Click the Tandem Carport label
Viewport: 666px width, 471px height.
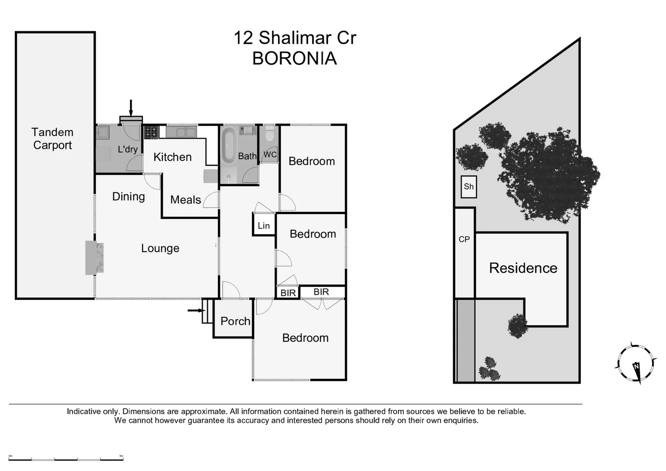click(52, 139)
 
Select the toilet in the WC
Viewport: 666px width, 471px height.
click(270, 134)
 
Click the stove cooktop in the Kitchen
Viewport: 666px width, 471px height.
click(151, 132)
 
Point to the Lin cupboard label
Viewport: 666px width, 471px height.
click(263, 225)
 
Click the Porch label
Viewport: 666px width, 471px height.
click(235, 321)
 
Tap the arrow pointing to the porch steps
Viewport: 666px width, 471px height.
click(196, 311)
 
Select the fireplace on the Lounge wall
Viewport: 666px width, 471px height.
click(95, 258)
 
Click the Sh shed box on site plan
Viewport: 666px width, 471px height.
click(468, 187)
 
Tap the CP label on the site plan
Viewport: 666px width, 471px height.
click(464, 239)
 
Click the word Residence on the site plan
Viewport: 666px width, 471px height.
click(523, 268)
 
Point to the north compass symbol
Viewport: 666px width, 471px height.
click(636, 363)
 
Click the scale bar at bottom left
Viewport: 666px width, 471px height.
click(66, 458)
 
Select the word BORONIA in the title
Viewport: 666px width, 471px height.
click(294, 58)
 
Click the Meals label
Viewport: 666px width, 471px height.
click(185, 200)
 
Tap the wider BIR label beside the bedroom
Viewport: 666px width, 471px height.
click(321, 292)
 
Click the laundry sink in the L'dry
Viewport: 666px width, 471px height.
click(103, 132)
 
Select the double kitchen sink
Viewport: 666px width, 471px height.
click(181, 131)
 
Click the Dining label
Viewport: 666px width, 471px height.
click(128, 197)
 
